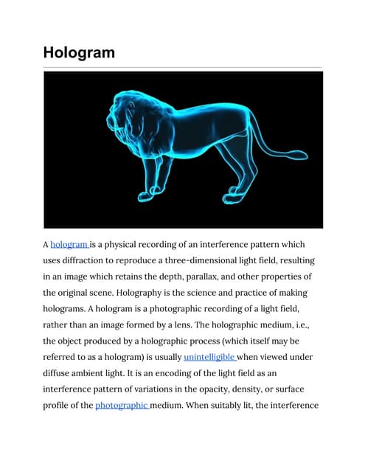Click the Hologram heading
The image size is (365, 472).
point(78,52)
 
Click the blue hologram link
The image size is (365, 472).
point(69,244)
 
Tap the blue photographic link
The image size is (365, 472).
point(122,405)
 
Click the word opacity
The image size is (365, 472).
point(230,389)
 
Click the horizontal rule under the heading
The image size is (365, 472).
point(182,67)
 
